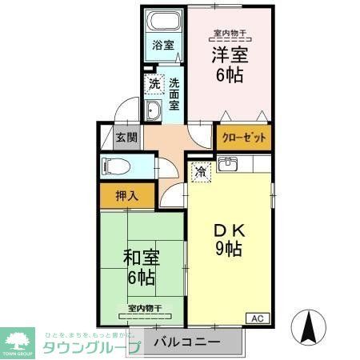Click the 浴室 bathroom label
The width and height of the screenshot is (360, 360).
point(163,46)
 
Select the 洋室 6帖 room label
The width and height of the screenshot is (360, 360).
point(227,64)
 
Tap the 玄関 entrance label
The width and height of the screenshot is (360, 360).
point(126,137)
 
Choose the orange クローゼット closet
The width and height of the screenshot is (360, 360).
point(242,138)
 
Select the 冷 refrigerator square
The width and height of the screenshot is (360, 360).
point(201,171)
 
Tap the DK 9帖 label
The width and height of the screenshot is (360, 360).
point(228,238)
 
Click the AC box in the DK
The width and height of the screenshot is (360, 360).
point(258,318)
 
